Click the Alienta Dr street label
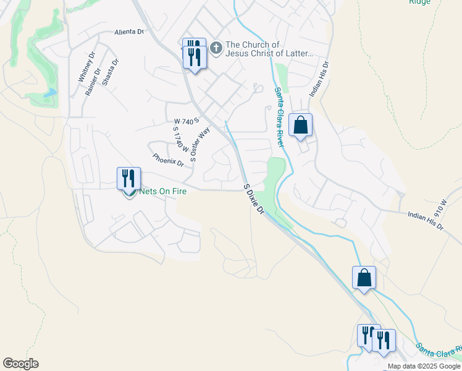tap(128, 32)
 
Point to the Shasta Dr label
tap(109, 73)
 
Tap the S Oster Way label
tap(201, 144)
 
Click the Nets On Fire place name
tap(163, 192)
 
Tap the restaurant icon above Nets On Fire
tap(129, 178)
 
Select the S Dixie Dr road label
tap(254, 198)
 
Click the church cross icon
tap(216, 48)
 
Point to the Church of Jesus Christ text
tap(270, 49)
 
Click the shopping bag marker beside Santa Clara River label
tap(300, 125)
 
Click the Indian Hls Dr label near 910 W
tap(426, 220)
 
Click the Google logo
tap(20, 364)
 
